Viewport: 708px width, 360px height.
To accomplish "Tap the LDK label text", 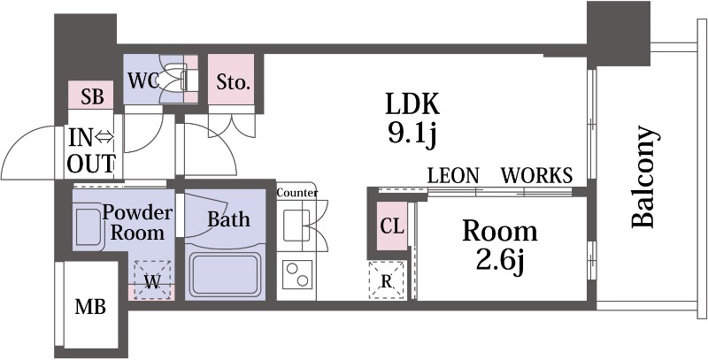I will point(412,104).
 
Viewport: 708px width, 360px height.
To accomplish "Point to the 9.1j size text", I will point(412,134).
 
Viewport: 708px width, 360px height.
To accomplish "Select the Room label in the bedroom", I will point(500,232).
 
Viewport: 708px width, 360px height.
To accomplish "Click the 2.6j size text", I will point(501,262).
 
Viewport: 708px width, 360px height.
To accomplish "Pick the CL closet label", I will point(391,226).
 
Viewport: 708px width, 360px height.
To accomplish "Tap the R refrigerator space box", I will point(387,281).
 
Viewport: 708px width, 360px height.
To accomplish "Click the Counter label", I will point(297,193).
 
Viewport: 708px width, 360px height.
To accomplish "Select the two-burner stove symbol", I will point(297,276).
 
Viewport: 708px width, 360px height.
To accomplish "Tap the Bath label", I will point(228,219).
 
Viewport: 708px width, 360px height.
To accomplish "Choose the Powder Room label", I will point(137,223).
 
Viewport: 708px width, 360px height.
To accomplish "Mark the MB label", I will point(90,308).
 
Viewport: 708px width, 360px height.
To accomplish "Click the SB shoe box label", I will point(92,97).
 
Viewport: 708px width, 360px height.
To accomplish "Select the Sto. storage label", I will point(234,84).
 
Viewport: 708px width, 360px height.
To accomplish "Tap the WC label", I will point(143,80).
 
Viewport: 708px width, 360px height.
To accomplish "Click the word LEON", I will point(453,175).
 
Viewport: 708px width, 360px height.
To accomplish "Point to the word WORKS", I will point(536,175).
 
